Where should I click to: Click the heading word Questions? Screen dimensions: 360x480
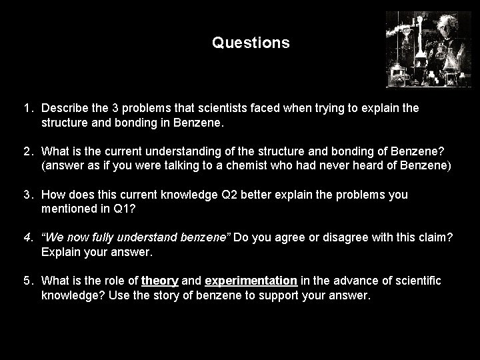pyautogui.click(x=251, y=43)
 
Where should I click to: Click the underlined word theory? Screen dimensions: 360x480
pyautogui.click(x=160, y=281)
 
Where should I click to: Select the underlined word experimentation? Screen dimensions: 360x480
pyautogui.click(x=251, y=281)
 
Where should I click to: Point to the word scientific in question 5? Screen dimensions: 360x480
pyautogui.click(x=417, y=281)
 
